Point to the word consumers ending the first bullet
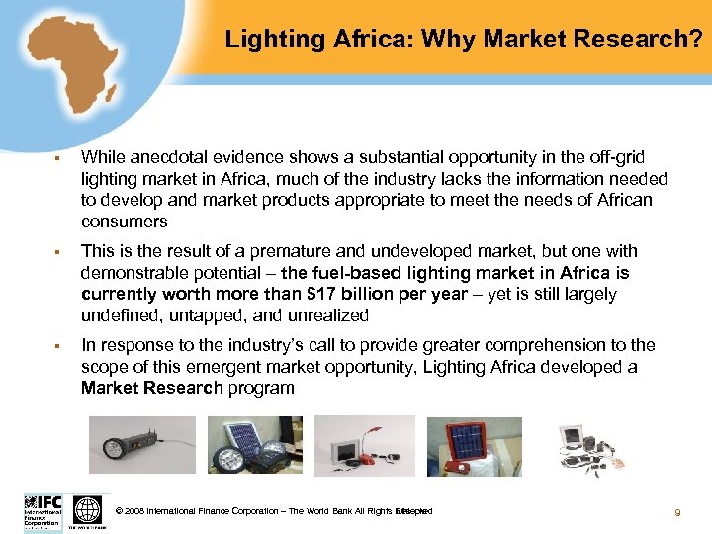(125, 222)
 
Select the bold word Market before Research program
(111, 387)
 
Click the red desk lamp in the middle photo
(372, 445)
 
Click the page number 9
(677, 512)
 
